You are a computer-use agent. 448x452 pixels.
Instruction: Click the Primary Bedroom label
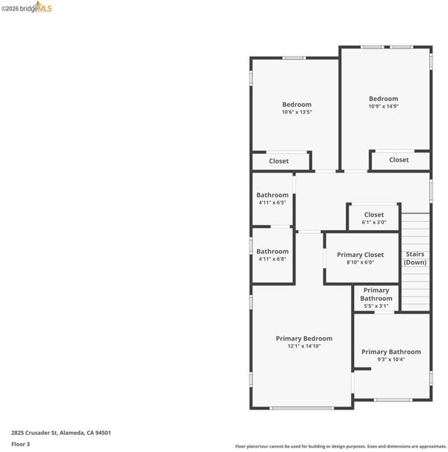[304, 338]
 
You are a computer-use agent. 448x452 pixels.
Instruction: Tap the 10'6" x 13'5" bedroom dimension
[296, 112]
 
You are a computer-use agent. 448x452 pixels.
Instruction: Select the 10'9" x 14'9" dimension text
[384, 106]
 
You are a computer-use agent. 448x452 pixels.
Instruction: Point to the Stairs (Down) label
[415, 258]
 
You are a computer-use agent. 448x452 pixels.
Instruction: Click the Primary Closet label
[360, 255]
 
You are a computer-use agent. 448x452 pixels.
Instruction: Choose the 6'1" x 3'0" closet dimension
[374, 222]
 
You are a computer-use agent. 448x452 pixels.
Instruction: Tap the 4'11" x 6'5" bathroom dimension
[273, 202]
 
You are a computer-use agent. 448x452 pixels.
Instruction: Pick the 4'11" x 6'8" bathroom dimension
[273, 259]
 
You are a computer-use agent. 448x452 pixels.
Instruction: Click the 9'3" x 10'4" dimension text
[391, 359]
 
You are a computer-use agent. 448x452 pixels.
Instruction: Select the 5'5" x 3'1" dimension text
[376, 306]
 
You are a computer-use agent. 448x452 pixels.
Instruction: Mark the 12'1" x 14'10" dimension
[304, 346]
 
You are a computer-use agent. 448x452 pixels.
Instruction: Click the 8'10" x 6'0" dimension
[360, 262]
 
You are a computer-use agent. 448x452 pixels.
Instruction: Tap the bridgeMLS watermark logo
[26, 7]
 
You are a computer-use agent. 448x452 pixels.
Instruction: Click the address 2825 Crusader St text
[34, 433]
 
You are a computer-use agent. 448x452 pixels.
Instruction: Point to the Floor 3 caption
[20, 445]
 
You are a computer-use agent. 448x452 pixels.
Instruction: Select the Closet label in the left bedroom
[279, 161]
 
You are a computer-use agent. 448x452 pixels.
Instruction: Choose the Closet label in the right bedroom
[399, 160]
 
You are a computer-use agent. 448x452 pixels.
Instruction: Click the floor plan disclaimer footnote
[340, 447]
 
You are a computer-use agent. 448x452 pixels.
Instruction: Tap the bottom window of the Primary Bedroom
[302, 408]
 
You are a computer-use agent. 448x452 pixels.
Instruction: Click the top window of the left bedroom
[294, 58]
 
